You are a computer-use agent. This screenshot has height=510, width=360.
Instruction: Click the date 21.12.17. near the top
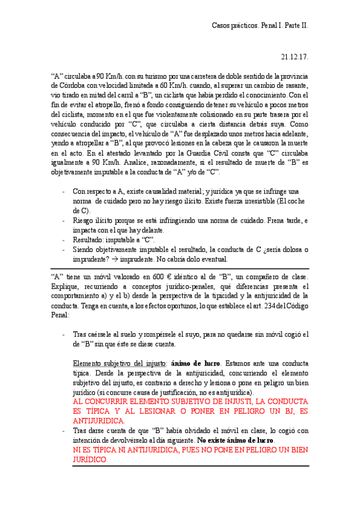[294, 57]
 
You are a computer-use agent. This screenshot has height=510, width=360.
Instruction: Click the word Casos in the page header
[222, 26]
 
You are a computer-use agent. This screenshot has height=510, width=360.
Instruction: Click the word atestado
[93, 153]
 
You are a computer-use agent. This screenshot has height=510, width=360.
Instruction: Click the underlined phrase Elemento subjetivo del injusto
[119, 363]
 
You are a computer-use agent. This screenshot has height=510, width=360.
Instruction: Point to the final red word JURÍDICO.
[90, 459]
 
